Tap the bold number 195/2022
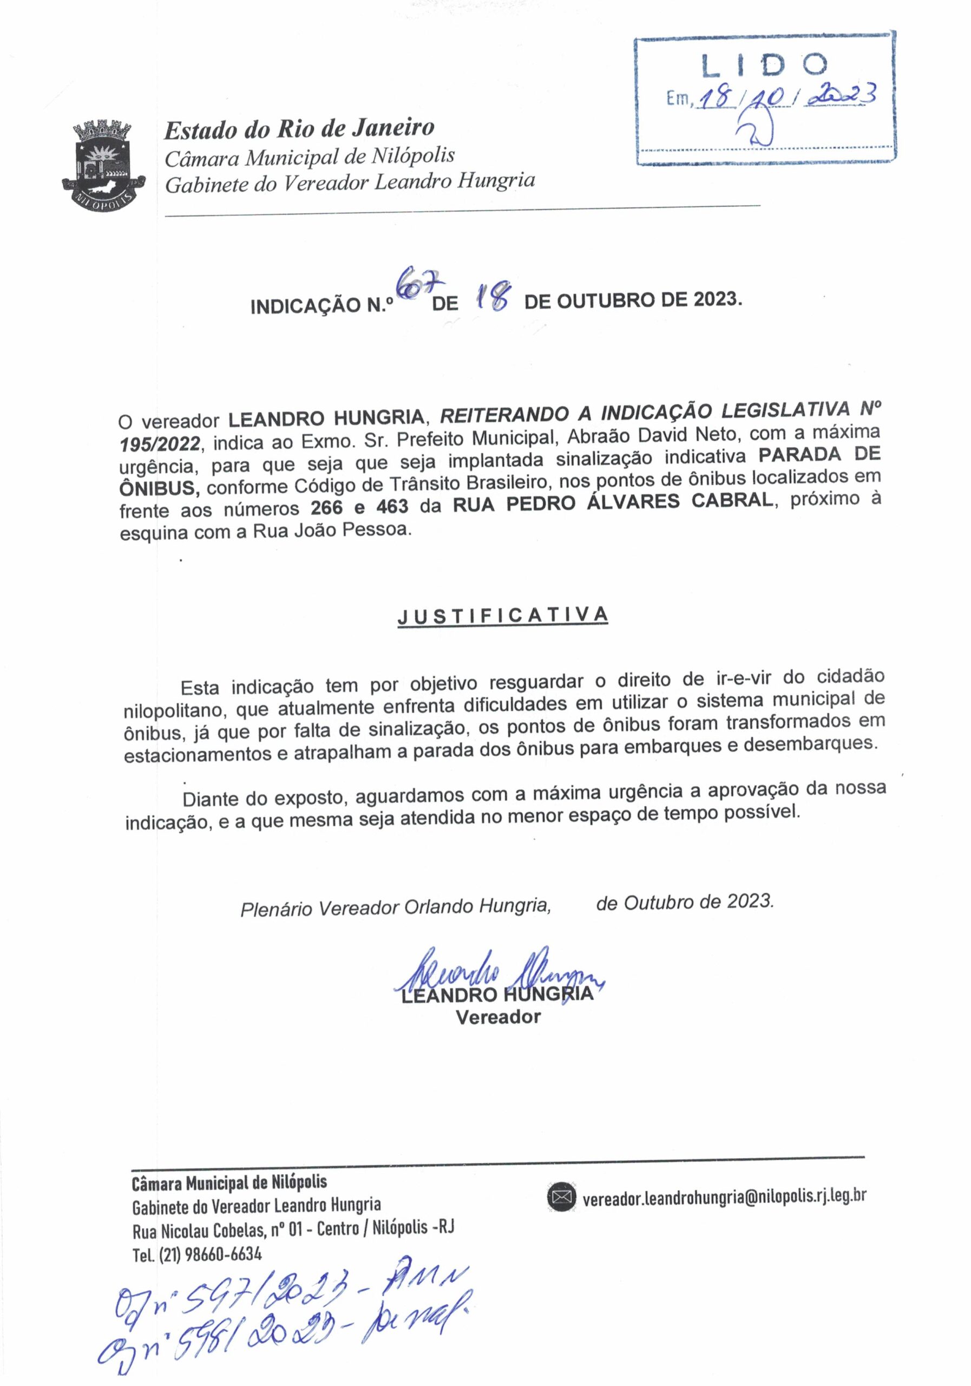[x=159, y=444]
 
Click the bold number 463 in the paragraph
[x=392, y=506]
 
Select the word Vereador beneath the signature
[x=498, y=1017]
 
